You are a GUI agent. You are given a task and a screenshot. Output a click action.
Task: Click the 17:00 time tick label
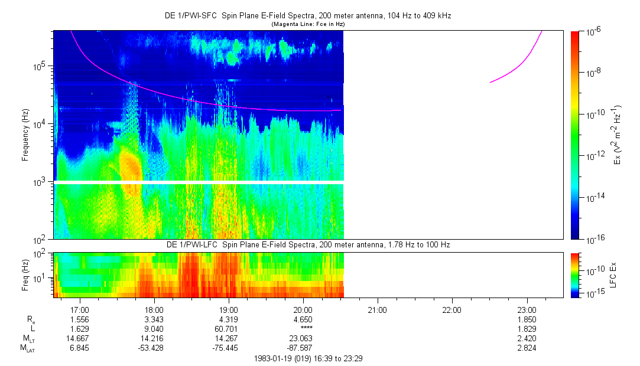(80, 309)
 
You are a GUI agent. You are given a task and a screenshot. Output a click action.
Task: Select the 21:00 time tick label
(377, 309)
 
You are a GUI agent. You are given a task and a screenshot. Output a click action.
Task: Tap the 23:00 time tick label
(526, 309)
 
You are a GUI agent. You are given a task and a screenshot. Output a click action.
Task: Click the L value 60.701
(229, 328)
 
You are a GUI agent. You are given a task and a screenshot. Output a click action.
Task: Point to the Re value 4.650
(303, 319)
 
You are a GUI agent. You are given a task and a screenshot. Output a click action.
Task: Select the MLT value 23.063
(303, 338)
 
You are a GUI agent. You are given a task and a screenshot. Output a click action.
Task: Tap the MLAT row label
(27, 348)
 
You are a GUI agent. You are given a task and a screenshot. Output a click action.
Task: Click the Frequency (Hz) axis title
(25, 135)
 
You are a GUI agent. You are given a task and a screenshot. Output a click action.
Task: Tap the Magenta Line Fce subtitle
(308, 24)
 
